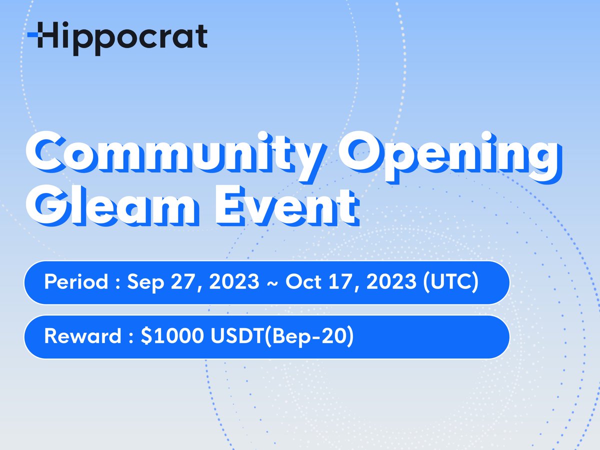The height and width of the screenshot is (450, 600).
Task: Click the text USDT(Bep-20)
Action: (280, 337)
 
